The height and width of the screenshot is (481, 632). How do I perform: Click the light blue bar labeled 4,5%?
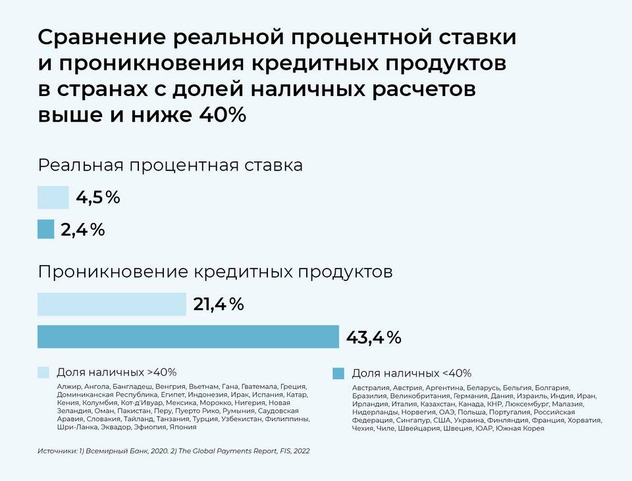(53, 197)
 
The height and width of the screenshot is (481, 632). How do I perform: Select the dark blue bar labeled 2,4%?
(45, 229)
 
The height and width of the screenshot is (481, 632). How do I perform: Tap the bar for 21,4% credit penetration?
(111, 304)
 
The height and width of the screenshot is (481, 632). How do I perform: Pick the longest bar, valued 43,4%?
(188, 337)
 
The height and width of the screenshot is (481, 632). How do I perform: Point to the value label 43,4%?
(373, 338)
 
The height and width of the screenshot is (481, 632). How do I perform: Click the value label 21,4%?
(219, 304)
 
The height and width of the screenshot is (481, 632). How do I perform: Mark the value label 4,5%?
(98, 197)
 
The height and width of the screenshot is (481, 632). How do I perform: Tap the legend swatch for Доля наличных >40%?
(43, 372)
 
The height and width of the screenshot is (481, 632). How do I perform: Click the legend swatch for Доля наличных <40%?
(338, 373)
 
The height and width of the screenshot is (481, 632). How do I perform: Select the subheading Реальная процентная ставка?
(171, 165)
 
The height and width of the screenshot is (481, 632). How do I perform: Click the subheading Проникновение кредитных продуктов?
(215, 272)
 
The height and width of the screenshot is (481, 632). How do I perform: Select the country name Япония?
(182, 427)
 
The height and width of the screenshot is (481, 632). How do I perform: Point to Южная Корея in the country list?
(522, 428)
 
